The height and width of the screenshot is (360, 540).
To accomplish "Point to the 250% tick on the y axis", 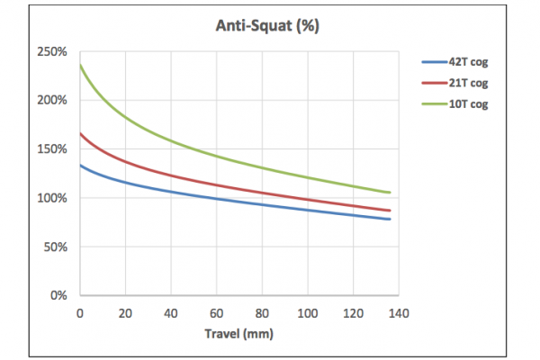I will point(54,51).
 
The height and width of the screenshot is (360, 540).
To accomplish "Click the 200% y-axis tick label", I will point(54,100).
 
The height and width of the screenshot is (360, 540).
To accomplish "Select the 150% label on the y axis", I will point(54,148).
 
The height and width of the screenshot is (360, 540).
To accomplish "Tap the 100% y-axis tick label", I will point(54,197).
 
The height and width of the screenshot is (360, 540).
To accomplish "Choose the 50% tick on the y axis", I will point(57,246).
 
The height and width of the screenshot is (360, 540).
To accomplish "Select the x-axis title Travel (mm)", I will point(238,332).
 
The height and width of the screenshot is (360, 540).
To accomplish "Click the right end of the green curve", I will point(390,192).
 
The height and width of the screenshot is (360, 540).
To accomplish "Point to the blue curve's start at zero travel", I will point(80,165).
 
